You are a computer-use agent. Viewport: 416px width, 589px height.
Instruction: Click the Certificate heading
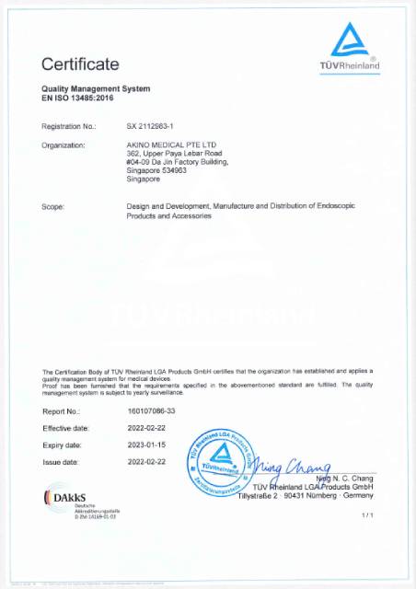click(x=80, y=64)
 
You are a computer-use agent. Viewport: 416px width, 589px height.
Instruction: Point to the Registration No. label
click(x=69, y=124)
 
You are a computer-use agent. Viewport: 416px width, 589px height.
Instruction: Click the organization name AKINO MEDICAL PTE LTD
click(x=171, y=145)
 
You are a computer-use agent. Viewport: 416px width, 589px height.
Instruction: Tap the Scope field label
click(x=52, y=207)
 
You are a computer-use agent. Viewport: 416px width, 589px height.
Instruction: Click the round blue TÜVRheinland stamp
click(x=221, y=457)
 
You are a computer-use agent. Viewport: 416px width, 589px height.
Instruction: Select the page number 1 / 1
click(x=367, y=514)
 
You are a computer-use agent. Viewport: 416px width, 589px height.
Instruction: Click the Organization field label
click(x=64, y=145)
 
